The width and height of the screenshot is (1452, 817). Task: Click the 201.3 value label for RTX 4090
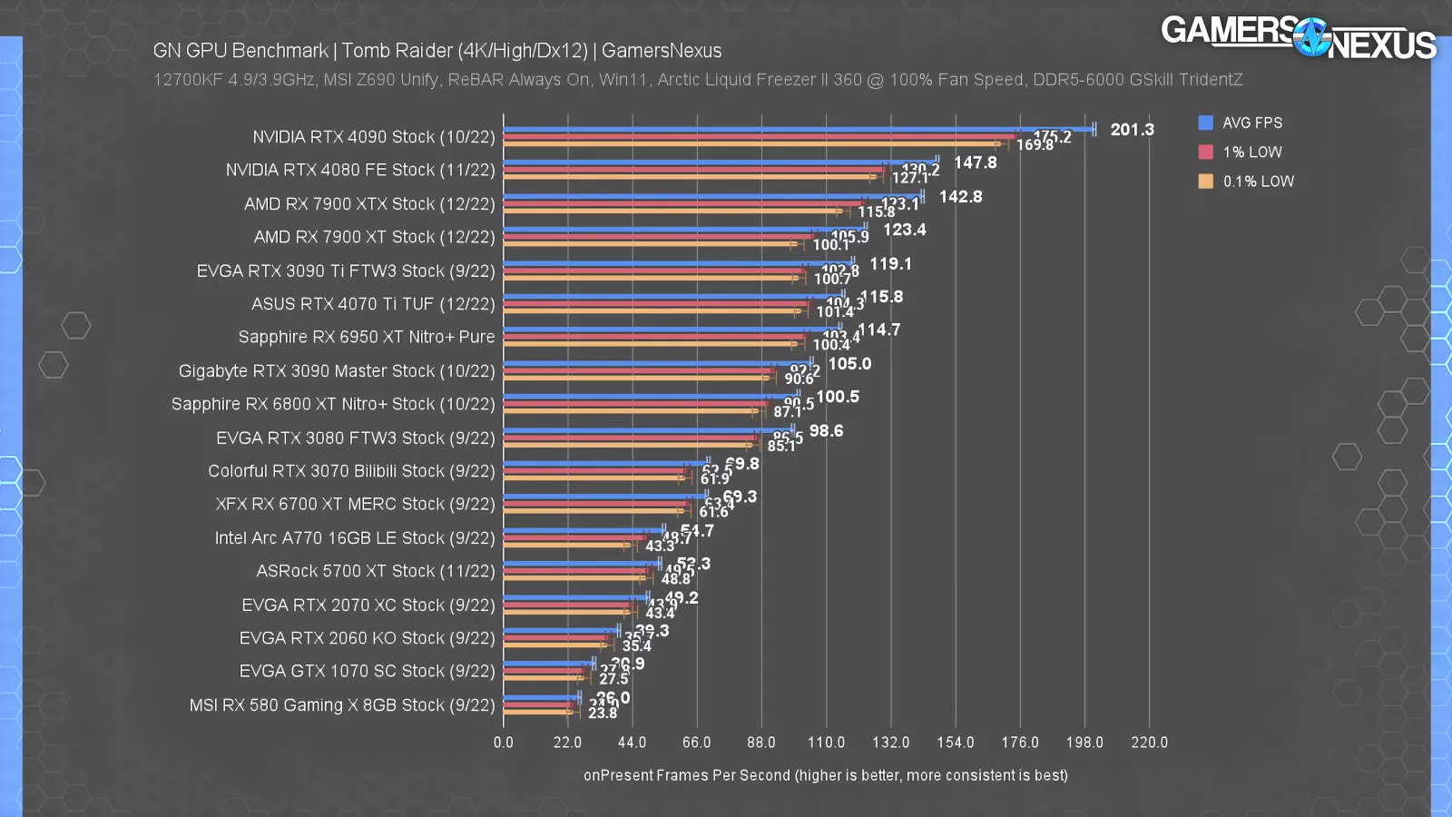1132,130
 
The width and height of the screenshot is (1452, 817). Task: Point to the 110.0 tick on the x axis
826,743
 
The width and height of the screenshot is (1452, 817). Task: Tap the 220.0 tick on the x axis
1149,743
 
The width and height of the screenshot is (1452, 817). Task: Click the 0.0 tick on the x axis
504,743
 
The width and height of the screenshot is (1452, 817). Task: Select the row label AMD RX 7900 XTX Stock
368,204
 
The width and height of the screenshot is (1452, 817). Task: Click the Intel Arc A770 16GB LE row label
354,538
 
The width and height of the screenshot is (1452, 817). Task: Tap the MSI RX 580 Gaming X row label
341,705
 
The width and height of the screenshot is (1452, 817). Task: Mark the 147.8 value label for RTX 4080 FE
975,162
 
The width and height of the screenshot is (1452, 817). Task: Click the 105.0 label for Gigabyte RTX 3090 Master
849,364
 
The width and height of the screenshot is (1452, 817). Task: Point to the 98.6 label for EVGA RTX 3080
826,431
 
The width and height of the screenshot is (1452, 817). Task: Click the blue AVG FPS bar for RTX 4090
799,129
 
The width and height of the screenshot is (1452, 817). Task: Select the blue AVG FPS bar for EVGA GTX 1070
548,664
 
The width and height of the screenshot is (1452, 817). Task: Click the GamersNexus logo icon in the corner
1310,37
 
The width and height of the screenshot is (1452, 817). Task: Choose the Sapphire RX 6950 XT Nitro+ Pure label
366,337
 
